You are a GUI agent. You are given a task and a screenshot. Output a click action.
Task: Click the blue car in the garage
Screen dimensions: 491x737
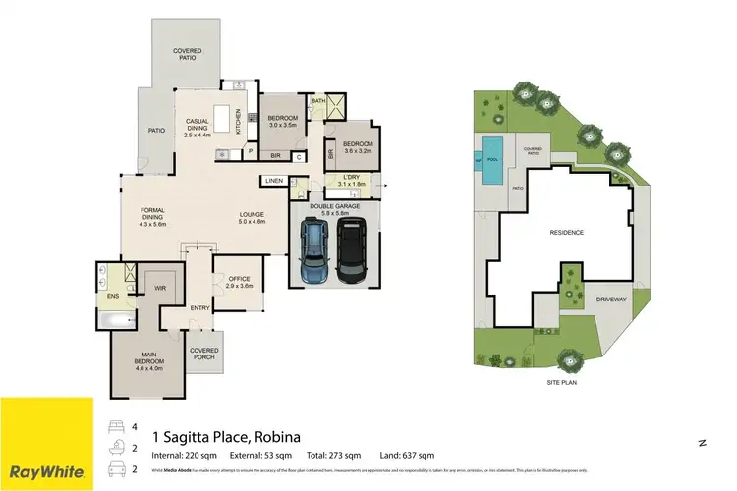point(315,251)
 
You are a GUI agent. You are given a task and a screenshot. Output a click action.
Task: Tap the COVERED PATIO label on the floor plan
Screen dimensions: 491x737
point(188,54)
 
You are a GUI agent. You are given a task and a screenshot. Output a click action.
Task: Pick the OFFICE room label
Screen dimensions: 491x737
point(240,282)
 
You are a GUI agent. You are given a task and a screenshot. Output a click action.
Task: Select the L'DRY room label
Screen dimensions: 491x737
point(351,180)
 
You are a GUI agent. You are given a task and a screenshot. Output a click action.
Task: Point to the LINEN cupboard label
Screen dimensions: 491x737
point(273,181)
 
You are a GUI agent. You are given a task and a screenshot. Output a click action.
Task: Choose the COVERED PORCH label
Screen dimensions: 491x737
point(204,353)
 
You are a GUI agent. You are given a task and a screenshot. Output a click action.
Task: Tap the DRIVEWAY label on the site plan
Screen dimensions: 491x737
point(609,299)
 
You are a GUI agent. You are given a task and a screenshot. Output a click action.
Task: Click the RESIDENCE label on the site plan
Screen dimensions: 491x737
point(566,233)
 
